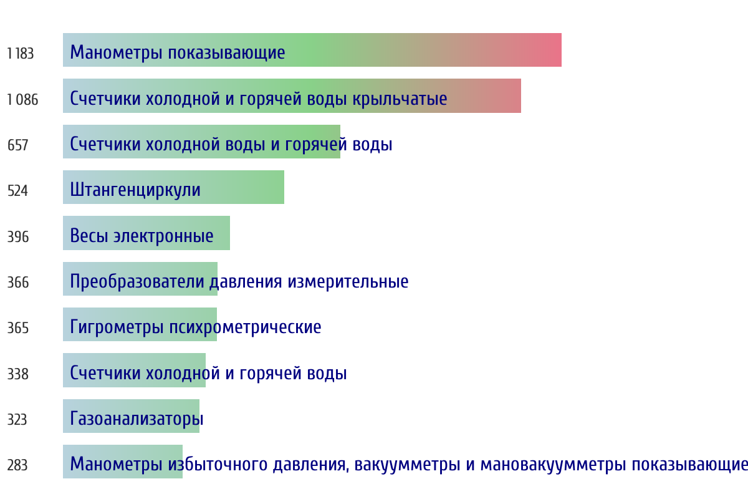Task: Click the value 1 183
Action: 21,54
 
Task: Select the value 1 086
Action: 22,100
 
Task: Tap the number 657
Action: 17,145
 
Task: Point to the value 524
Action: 17,191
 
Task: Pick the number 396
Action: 18,236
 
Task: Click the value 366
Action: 18,283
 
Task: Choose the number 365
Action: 18,328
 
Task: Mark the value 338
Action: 17,374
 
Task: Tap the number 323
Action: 17,419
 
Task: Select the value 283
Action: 17,465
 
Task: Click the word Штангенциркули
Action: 135,190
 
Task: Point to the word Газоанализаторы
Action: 137,419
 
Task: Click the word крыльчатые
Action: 400,99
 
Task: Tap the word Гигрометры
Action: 117,327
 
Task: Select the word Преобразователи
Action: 137,281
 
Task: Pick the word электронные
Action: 163,236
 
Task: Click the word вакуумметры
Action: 408,465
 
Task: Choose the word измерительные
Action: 348,282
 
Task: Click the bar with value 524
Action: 174,187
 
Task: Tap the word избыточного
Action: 218,464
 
